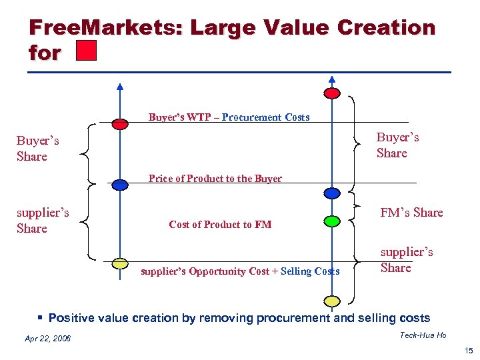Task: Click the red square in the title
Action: (87, 51)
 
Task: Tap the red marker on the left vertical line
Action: (120, 123)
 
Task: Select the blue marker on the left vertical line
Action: (120, 185)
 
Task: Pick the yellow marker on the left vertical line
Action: (120, 263)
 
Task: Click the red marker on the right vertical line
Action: (331, 93)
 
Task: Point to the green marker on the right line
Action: (331, 221)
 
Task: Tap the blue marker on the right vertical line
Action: (331, 193)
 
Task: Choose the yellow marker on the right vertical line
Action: (331, 299)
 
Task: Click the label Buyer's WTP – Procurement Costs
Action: (229, 117)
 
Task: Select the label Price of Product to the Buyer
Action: (215, 179)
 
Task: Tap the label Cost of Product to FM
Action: (220, 225)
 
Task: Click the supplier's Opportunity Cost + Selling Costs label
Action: (240, 271)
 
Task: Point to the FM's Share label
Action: (411, 213)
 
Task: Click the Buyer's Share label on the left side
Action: (37, 149)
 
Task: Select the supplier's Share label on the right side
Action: (406, 260)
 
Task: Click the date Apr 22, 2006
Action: (47, 339)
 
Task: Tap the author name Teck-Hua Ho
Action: (423, 335)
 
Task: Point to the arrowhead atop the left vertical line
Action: (120, 86)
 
